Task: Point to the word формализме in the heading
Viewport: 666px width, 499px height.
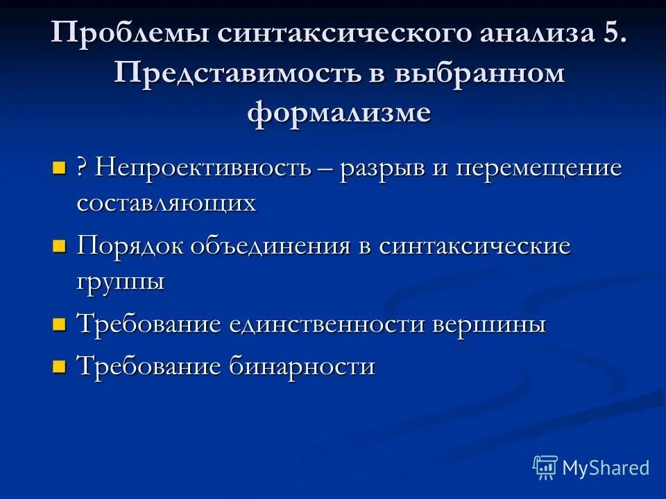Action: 339,112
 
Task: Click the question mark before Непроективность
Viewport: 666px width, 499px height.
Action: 82,168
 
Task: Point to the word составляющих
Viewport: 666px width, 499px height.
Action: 166,202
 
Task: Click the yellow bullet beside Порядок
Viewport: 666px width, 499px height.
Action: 59,246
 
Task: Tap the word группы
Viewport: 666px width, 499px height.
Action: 121,282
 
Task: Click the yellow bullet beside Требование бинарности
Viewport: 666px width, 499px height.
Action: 59,365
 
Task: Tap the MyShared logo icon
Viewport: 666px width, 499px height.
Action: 545,468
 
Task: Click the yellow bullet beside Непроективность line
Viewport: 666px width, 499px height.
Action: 59,168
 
